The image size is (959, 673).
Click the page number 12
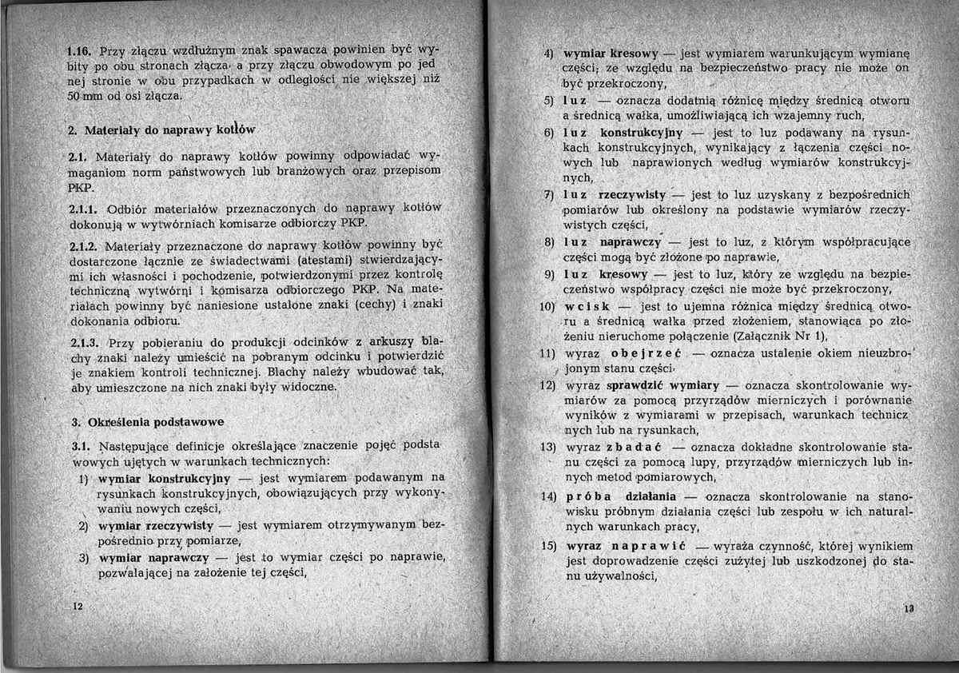click(x=78, y=607)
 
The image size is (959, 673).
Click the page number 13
click(x=909, y=607)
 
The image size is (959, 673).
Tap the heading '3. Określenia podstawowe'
click(x=148, y=421)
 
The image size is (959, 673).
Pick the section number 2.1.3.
click(x=84, y=344)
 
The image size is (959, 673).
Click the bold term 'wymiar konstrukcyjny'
click(x=164, y=479)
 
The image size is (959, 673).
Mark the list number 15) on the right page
click(x=547, y=546)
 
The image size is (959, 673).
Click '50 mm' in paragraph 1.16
click(x=83, y=97)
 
